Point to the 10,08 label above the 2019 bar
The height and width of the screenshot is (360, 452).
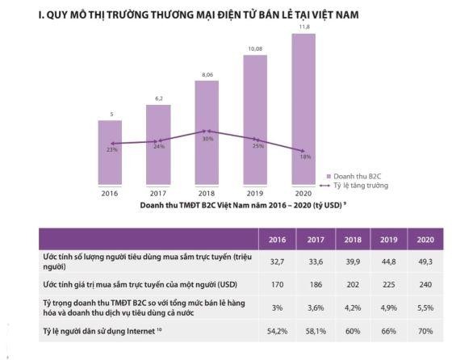point(254,48)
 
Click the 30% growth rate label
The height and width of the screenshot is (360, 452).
point(208,139)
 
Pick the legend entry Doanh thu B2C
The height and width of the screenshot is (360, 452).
point(359,175)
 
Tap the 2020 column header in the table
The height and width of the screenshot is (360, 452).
point(425,240)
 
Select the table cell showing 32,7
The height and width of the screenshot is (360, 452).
point(275,261)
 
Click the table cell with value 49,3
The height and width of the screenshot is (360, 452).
point(425,261)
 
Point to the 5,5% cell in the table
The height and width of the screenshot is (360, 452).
point(425,307)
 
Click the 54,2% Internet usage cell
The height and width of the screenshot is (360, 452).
point(275,331)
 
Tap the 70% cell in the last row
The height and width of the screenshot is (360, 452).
point(425,331)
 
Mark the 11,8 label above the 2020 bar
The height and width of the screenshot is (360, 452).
point(303,27)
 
